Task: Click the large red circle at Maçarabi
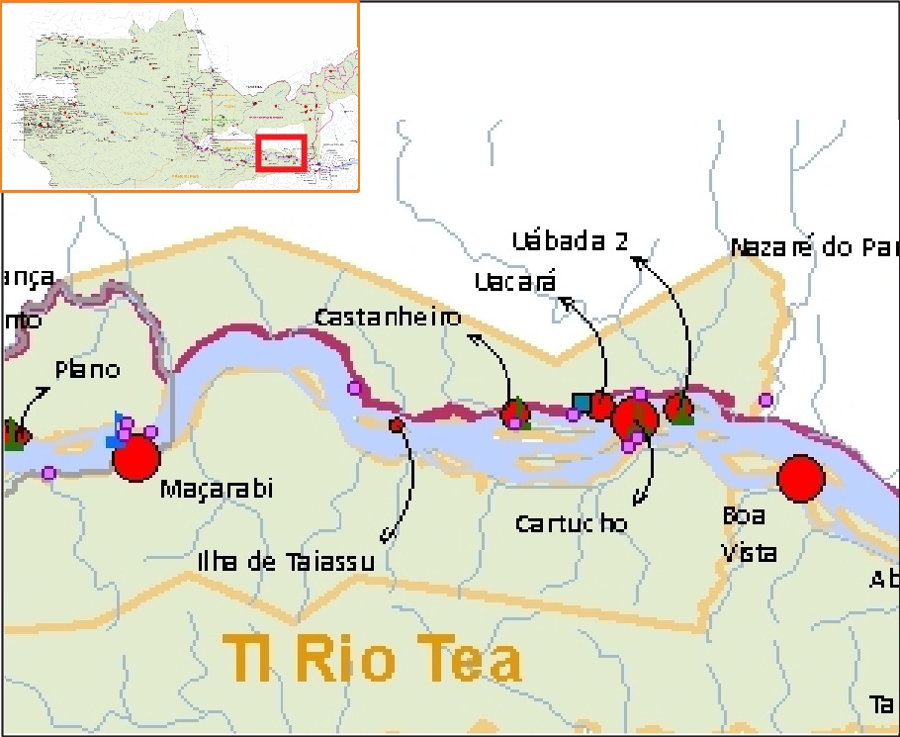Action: coord(136,458)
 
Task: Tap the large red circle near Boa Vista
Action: coord(800,479)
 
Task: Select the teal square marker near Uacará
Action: coord(582,402)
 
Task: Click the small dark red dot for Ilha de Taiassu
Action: coord(397,425)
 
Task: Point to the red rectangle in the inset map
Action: coord(282,153)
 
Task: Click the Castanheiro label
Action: coord(388,318)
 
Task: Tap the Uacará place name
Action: coord(515,282)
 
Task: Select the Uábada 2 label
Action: coord(571,240)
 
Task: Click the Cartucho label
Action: coord(572,523)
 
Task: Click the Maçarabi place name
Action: coord(216,489)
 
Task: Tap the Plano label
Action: coord(87,370)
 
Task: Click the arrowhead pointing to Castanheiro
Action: coord(472,337)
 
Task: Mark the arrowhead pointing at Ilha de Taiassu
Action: coord(386,540)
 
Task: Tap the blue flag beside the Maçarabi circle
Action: coord(120,421)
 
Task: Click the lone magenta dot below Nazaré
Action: coord(765,400)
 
